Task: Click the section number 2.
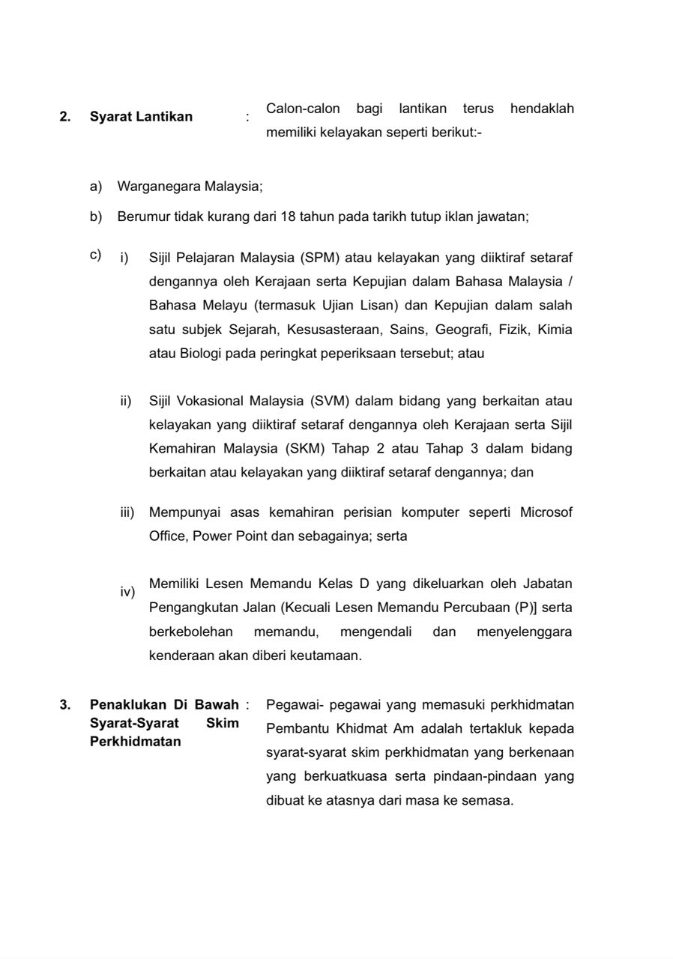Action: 64,116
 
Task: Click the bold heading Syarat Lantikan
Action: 141,116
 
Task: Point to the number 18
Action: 288,217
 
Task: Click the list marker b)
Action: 96,217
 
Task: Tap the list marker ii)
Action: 126,401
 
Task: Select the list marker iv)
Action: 127,593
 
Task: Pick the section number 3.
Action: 64,704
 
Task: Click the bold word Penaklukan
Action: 125,704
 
